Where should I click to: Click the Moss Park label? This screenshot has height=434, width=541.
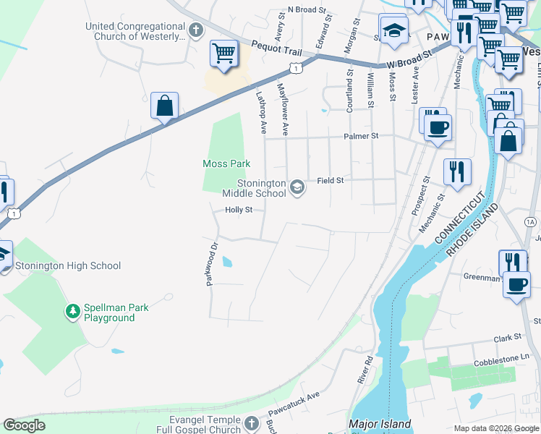click(226, 164)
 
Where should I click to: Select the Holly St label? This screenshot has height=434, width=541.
click(239, 210)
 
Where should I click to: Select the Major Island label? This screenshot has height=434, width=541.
click(380, 425)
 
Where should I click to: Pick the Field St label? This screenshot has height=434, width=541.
click(330, 180)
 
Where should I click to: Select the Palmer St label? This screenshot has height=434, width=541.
click(361, 136)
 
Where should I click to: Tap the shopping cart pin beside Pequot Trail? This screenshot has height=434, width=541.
click(224, 54)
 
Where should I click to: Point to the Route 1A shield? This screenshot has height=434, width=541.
click(531, 222)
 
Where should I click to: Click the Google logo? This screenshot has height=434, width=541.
click(24, 425)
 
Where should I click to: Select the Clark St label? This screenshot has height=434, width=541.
click(508, 338)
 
